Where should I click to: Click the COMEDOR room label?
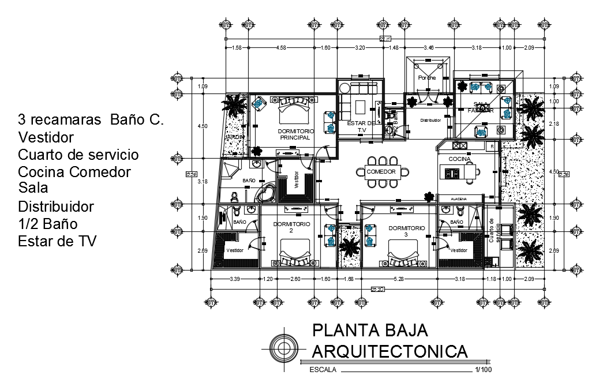point(381,172)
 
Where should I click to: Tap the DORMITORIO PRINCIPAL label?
point(295,134)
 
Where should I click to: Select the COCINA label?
point(459,159)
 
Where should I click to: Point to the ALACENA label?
point(459,198)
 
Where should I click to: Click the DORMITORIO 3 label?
point(407,231)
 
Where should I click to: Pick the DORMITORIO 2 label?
point(291,227)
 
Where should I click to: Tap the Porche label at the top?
point(427,77)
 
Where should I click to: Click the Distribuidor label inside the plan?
point(430,121)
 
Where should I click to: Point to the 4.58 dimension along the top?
point(281,48)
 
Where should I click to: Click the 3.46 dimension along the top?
point(428,48)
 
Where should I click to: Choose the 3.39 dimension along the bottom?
point(235,280)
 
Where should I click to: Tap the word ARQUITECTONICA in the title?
point(389,351)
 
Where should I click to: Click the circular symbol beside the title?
point(283,348)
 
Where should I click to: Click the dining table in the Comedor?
point(381,172)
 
